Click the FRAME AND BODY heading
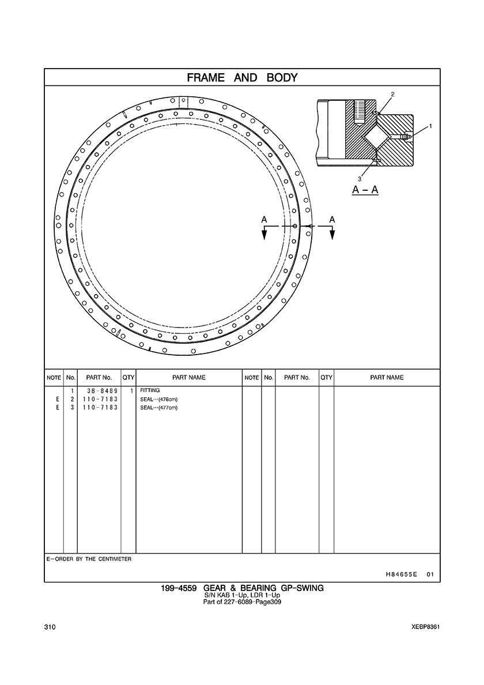point(242,78)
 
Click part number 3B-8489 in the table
point(99,390)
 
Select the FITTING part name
point(150,390)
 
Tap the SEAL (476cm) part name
point(159,399)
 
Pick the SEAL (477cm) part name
point(159,408)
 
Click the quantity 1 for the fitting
point(131,390)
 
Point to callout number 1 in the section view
point(430,126)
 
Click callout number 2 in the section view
point(392,94)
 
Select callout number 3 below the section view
point(360,179)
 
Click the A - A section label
point(365,190)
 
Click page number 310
point(50,627)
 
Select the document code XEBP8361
point(425,627)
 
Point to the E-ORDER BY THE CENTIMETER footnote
point(89,559)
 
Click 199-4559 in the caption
point(179,588)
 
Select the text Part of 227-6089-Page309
point(242,602)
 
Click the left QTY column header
point(128,378)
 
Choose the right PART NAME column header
point(387,378)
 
